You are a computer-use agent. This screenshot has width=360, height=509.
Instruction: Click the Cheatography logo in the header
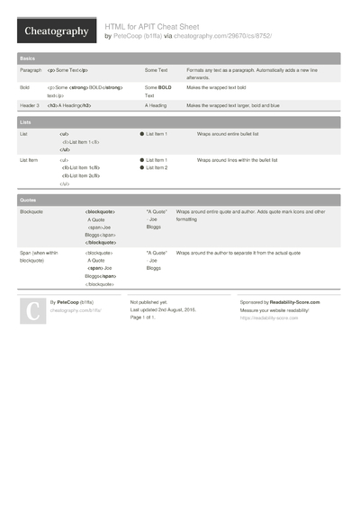56,31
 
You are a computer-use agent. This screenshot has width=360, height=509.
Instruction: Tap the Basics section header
27,58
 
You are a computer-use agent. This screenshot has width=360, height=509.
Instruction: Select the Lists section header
25,120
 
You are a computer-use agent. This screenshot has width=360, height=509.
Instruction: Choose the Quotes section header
28,199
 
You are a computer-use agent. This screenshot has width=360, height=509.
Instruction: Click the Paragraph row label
31,69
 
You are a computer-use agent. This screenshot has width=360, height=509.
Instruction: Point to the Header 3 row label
31,105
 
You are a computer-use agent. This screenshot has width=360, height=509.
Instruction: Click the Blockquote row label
31,211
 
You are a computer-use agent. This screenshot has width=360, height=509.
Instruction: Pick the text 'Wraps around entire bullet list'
230,133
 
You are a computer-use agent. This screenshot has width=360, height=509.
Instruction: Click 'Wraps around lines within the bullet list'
238,160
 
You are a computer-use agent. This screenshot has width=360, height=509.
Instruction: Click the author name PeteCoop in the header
130,36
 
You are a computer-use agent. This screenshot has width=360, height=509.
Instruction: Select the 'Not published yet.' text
148,303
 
